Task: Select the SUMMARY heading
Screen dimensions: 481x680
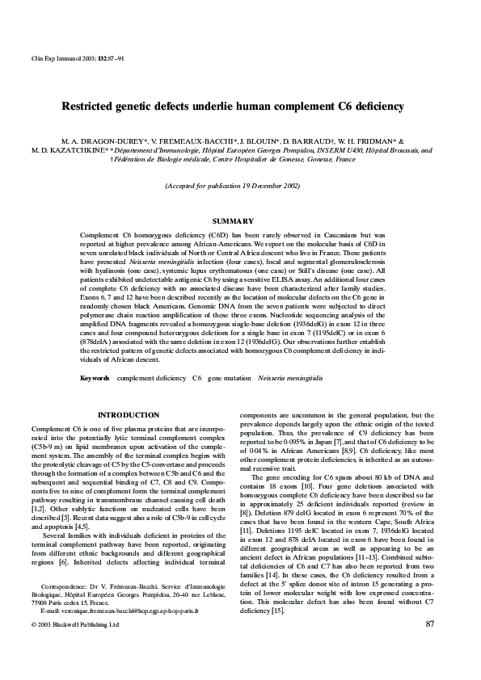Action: tap(232, 220)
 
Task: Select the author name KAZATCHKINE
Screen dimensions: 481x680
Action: tap(73, 149)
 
